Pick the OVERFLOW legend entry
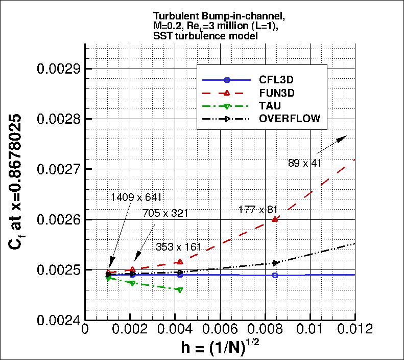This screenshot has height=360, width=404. point(290,119)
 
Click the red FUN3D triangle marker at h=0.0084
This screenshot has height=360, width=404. point(275,219)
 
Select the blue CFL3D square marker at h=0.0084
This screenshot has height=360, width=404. point(275,276)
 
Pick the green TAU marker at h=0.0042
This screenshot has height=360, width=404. point(179,290)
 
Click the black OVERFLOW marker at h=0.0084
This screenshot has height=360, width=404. point(276,263)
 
